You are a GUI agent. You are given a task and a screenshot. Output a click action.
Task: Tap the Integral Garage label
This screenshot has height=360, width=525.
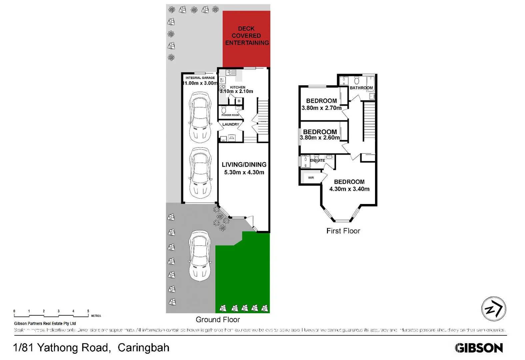(x=200, y=78)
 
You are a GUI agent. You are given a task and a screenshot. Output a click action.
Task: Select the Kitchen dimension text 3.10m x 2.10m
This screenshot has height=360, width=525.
(x=236, y=91)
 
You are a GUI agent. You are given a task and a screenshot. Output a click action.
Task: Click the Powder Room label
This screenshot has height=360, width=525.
(x=230, y=115)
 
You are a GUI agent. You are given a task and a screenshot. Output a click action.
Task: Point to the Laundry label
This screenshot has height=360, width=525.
(x=231, y=124)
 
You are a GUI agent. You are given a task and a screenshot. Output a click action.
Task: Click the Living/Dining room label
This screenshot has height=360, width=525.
(x=244, y=165)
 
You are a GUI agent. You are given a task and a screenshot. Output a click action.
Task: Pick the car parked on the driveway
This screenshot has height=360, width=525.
(x=200, y=256)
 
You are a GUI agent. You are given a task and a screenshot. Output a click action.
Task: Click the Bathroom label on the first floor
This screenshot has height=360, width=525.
(x=361, y=88)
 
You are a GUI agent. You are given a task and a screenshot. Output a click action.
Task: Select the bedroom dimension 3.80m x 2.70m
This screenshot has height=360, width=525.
(x=321, y=108)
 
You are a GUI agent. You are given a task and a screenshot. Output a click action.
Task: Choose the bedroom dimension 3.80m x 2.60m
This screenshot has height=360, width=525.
(x=320, y=138)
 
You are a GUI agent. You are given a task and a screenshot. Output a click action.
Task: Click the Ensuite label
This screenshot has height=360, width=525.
(x=317, y=160)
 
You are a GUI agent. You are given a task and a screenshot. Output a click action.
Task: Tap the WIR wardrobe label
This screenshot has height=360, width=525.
(x=311, y=178)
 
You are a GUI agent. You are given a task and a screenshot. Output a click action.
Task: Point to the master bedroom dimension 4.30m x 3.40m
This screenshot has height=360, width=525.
(x=349, y=189)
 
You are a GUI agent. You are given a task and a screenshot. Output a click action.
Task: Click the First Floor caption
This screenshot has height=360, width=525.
(x=343, y=231)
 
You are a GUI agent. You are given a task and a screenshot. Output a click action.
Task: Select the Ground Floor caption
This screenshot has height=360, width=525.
(x=218, y=320)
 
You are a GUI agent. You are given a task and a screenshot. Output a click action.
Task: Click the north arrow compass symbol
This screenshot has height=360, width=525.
(x=494, y=309)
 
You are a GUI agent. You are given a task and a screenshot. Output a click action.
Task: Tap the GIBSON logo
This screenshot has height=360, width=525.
(x=479, y=348)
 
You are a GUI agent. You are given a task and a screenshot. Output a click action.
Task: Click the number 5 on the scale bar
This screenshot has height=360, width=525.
(x=88, y=311)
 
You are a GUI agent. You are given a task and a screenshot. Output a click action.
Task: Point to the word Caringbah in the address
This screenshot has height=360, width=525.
(x=143, y=348)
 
